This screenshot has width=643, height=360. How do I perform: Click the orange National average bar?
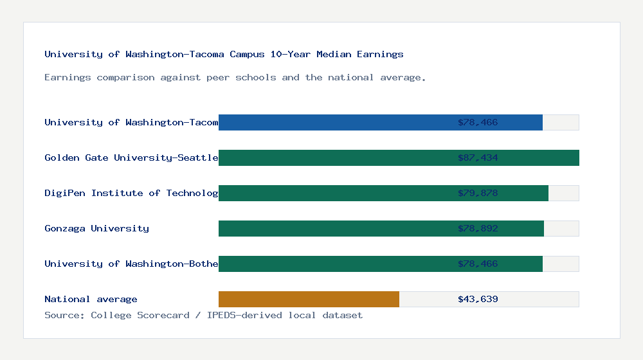(309, 299)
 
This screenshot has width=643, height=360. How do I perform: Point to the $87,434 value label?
(478, 157)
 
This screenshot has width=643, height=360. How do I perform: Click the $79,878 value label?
(478, 193)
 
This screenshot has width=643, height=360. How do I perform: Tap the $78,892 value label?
(478, 228)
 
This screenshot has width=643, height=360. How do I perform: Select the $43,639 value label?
(478, 299)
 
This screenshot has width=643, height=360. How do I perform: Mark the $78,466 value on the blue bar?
(478, 122)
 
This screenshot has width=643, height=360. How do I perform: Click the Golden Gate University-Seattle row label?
(131, 157)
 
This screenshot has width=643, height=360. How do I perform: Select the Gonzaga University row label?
(96, 228)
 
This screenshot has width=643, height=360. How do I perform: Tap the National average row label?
(91, 299)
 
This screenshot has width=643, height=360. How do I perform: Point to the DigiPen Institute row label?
(131, 193)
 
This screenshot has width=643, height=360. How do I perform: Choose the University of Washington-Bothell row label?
(131, 264)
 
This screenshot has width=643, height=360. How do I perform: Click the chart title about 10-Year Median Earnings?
(224, 54)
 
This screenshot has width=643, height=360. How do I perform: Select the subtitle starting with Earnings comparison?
(235, 77)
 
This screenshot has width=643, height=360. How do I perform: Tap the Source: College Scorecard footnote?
(203, 315)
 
